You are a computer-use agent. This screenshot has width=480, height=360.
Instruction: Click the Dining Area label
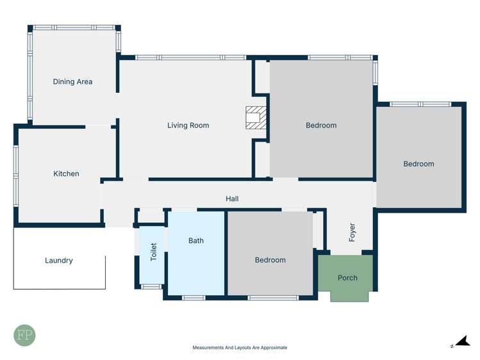[72, 81]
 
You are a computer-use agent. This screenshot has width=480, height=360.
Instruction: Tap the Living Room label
[188, 125]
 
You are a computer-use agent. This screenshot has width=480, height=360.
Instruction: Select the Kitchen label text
[66, 174]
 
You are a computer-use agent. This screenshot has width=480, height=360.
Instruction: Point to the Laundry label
[59, 260]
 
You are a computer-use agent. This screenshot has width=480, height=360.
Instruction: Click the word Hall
[232, 199]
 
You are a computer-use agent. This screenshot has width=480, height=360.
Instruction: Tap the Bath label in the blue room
[196, 240]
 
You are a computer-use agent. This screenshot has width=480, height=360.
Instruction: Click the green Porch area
[347, 277]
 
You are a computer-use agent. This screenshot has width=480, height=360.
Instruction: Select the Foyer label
[352, 232]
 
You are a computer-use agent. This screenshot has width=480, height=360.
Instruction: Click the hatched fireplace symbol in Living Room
[255, 117]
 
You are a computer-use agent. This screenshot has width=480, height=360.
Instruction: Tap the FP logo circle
[24, 335]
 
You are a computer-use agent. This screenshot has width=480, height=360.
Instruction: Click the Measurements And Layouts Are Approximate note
[240, 347]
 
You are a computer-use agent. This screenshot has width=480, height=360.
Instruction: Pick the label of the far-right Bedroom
[418, 164]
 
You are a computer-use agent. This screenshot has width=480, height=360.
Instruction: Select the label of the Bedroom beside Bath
[270, 260]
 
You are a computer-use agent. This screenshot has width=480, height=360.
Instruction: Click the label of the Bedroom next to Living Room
[321, 125]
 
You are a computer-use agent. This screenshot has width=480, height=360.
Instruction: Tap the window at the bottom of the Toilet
[151, 286]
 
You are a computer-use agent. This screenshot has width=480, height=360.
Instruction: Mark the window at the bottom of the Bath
[194, 297]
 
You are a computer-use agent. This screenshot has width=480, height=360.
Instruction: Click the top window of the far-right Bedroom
[420, 104]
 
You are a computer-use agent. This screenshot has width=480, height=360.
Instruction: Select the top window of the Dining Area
[74, 28]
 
